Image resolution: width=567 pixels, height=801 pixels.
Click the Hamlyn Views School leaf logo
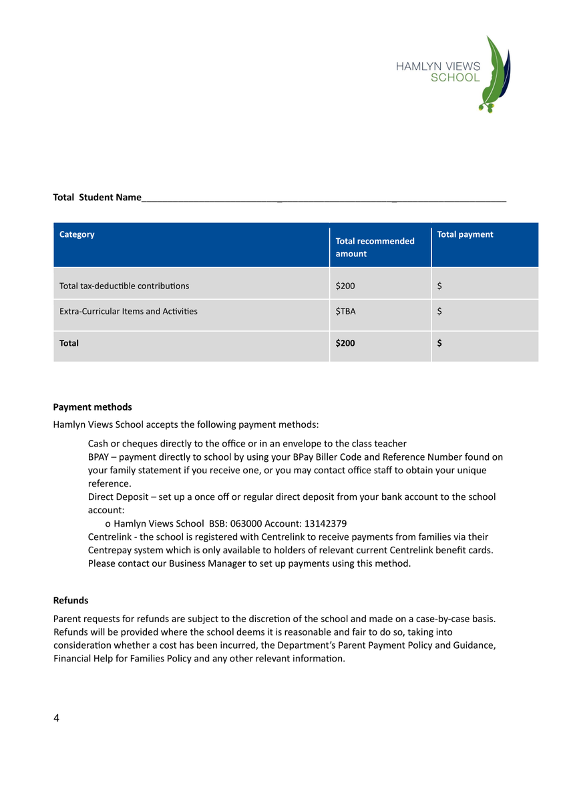click(x=498, y=73)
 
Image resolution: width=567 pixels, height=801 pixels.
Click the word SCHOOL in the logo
click(x=455, y=77)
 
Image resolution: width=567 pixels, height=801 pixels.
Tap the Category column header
click(x=77, y=234)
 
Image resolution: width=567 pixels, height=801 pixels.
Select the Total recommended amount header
click(x=375, y=247)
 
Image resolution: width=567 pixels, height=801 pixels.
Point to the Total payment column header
click(x=465, y=234)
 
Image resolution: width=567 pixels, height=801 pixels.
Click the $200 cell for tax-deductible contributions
click(x=345, y=286)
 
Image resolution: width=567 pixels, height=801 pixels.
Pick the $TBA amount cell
click(x=346, y=311)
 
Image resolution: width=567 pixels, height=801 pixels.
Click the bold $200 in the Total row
click(x=345, y=343)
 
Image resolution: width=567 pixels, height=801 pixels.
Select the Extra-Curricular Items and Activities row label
click(x=128, y=311)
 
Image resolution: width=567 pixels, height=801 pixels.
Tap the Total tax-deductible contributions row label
click(x=124, y=286)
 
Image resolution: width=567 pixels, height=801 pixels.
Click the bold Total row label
click(x=69, y=343)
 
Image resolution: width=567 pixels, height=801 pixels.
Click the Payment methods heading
click(x=92, y=407)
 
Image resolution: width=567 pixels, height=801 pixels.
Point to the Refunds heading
click(x=71, y=600)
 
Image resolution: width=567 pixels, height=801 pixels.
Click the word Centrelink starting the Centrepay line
click(x=111, y=537)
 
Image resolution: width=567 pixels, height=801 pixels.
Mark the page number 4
click(x=56, y=718)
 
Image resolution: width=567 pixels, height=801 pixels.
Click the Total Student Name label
click(x=97, y=197)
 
